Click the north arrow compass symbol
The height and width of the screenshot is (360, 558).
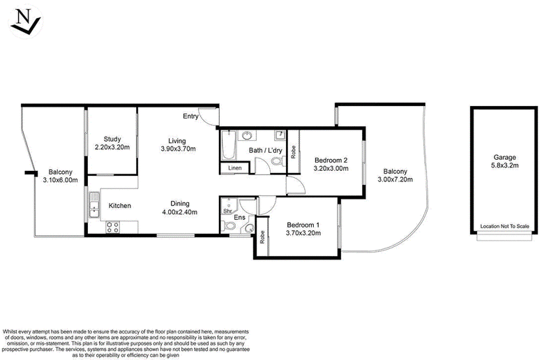[x=26, y=22]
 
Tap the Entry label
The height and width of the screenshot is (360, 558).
[x=190, y=116]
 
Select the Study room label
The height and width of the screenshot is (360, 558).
[x=112, y=139]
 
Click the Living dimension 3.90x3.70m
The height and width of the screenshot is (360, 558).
[x=178, y=149]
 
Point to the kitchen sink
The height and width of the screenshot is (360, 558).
[x=94, y=204]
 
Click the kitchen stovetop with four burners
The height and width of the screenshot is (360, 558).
[x=113, y=227]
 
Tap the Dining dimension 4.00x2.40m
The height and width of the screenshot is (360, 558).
[x=180, y=212]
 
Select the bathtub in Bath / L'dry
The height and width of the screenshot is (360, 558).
[x=229, y=145]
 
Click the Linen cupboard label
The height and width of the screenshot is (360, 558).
[x=235, y=168]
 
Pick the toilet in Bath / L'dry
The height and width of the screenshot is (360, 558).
[x=277, y=161]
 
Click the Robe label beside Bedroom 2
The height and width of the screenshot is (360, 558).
[x=293, y=151]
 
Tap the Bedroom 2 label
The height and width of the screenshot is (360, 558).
[x=331, y=160]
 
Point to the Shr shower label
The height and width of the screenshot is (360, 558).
[x=227, y=211]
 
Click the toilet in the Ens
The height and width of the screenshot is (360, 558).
[x=228, y=226]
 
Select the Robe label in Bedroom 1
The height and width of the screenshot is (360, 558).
[x=262, y=237]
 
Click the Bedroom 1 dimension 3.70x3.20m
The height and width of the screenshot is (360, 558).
[x=303, y=233]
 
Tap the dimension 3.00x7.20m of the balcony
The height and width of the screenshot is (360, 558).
[x=395, y=179]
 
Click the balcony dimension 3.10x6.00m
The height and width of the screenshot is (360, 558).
[x=60, y=180]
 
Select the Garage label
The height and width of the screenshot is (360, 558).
[x=504, y=157]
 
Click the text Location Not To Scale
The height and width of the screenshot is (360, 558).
[x=504, y=226]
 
